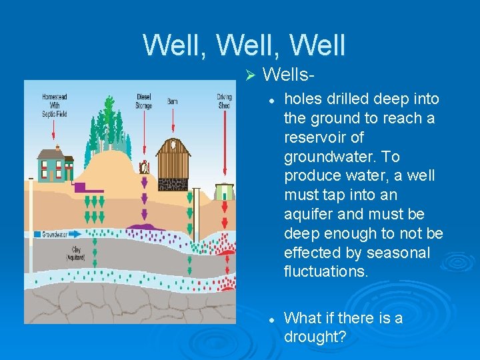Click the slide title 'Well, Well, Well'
(x=244, y=45)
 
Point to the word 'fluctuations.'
(x=326, y=272)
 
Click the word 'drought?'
(x=315, y=337)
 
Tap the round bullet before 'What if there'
(x=272, y=320)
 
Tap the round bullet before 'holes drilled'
(x=272, y=101)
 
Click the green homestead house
(x=53, y=164)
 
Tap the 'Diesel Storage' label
(x=143, y=101)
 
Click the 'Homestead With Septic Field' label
(x=55, y=105)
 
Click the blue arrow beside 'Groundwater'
(x=73, y=235)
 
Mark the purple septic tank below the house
(x=84, y=187)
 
